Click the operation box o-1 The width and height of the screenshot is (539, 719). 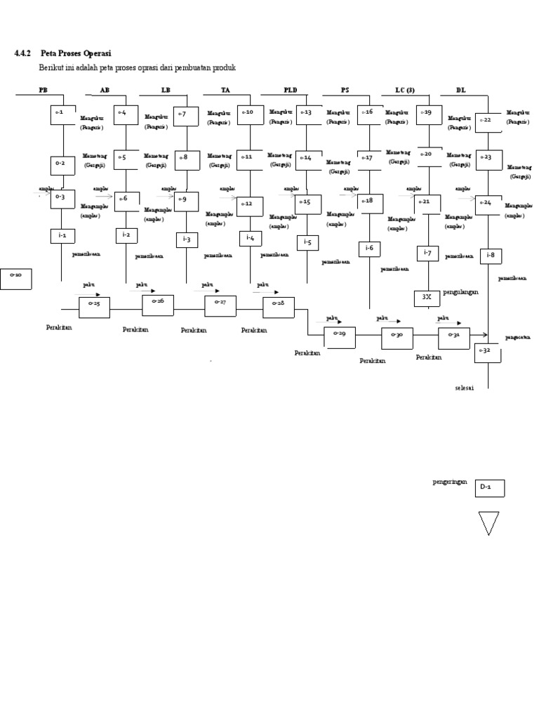point(62,114)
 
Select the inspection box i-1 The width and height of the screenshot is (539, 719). point(62,236)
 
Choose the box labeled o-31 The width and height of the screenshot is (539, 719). point(453,338)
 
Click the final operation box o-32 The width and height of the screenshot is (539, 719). point(488,351)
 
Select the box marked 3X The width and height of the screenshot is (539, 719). point(427,298)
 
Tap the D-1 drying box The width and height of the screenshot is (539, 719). point(490,488)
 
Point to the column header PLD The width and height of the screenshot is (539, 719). point(290,90)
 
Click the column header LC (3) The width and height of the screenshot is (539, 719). point(405,90)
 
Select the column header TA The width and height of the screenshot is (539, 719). point(225,90)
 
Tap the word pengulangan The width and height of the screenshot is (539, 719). point(460,291)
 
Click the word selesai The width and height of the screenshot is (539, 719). point(465,388)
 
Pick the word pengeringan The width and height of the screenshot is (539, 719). point(450,482)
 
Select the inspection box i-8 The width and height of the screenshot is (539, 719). point(491,255)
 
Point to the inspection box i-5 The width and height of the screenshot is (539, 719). point(307,243)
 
